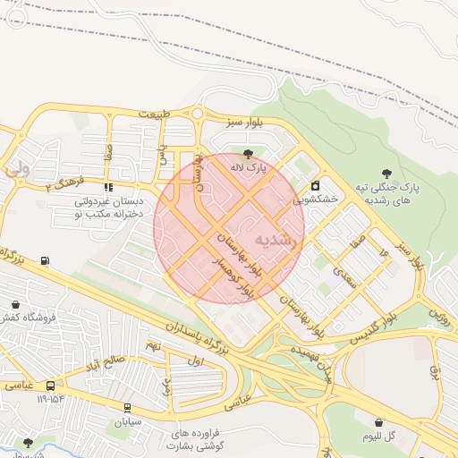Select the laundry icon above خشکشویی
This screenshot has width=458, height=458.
[x=315, y=186]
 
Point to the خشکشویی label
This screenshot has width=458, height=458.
[x=316, y=200]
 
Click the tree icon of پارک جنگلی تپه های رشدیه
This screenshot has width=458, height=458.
[x=386, y=174]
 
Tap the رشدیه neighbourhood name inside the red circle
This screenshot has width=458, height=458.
[x=275, y=240]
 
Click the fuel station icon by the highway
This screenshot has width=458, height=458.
[x=46, y=261]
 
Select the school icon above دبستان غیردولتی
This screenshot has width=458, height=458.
[x=108, y=188]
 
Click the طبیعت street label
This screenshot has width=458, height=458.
[x=161, y=114]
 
